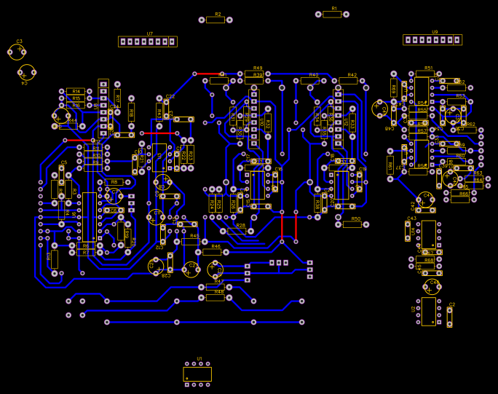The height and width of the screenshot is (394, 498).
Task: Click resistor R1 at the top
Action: (x=332, y=14)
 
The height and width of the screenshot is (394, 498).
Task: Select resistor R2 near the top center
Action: (x=216, y=20)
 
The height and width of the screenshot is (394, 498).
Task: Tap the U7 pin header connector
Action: (x=148, y=42)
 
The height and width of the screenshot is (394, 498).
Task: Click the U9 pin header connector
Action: (x=432, y=39)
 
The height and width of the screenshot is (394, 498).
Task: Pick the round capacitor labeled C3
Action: (x=17, y=51)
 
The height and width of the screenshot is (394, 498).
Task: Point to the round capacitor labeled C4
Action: (x=27, y=72)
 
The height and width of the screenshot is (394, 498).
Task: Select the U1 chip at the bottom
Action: (x=197, y=374)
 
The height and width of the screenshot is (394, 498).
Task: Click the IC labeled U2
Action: (x=428, y=311)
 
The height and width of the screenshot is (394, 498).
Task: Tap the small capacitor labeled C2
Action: (x=449, y=316)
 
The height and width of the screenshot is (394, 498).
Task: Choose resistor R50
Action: (x=352, y=224)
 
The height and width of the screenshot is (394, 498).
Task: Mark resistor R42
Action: (x=349, y=81)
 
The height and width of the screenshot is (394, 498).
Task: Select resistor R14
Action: (x=76, y=91)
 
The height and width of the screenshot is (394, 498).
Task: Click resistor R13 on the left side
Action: (x=55, y=259)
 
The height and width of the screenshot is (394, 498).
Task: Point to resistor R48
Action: (x=216, y=297)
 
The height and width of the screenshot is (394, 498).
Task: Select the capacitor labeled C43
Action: (x=408, y=231)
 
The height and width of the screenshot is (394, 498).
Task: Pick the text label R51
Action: (x=429, y=68)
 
